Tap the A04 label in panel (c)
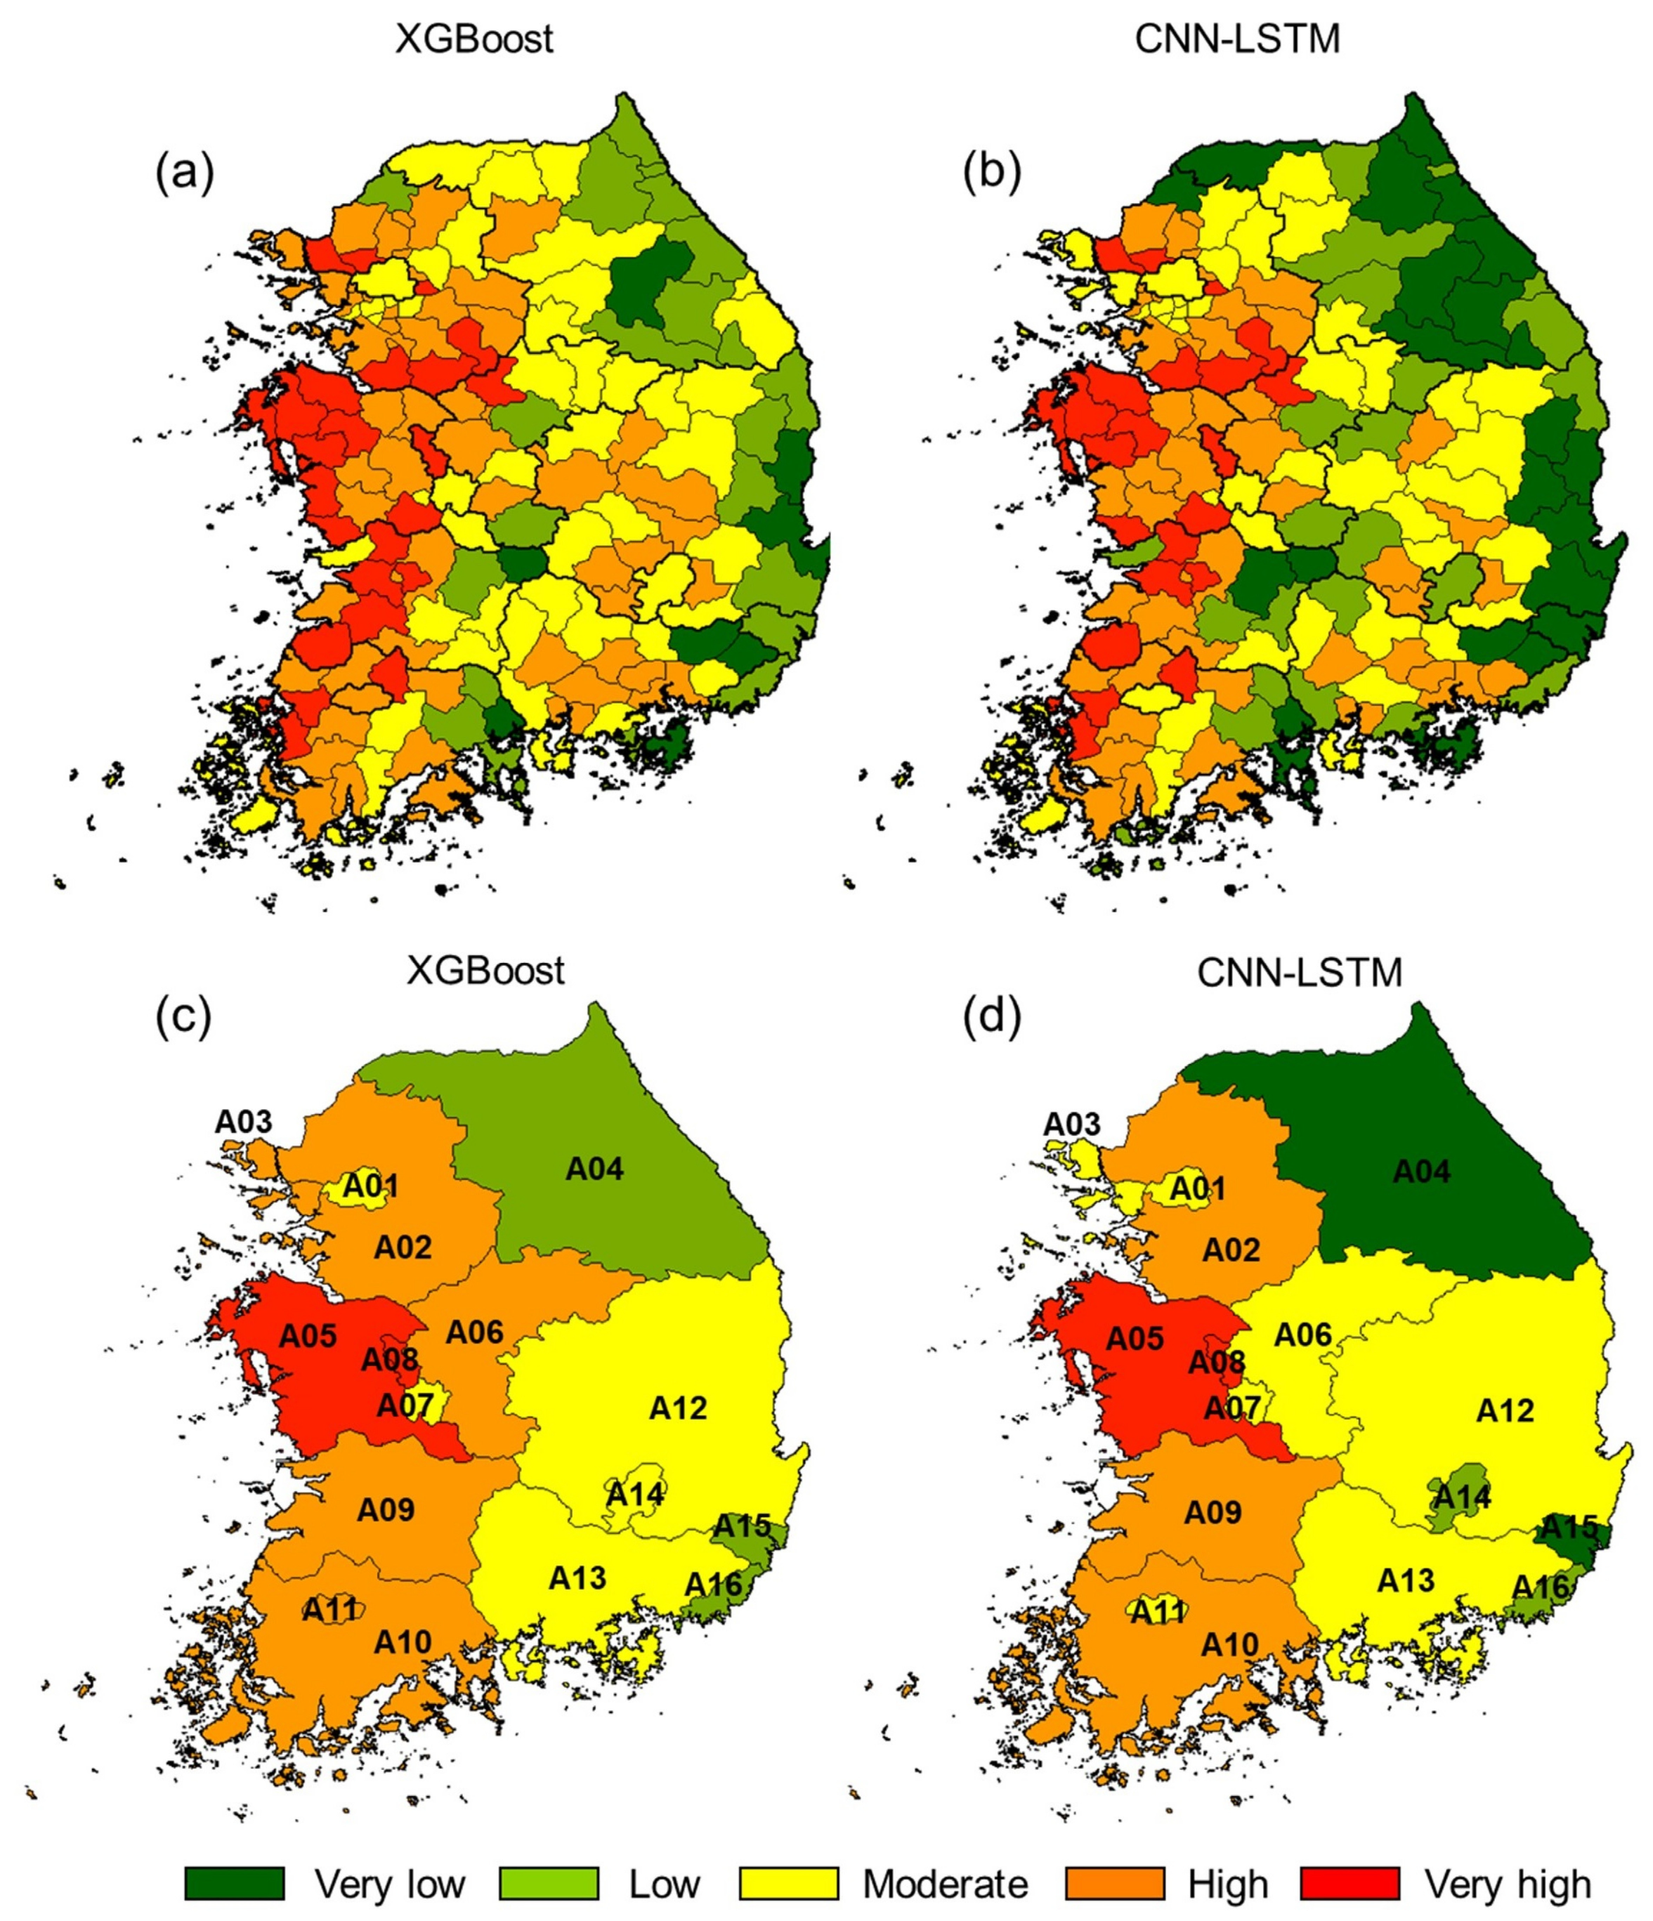tap(594, 1170)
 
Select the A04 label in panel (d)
tap(1421, 1173)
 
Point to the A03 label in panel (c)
tap(244, 1122)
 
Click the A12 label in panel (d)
tap(1505, 1411)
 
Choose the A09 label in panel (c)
tap(386, 1510)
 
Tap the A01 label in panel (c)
tap(371, 1186)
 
